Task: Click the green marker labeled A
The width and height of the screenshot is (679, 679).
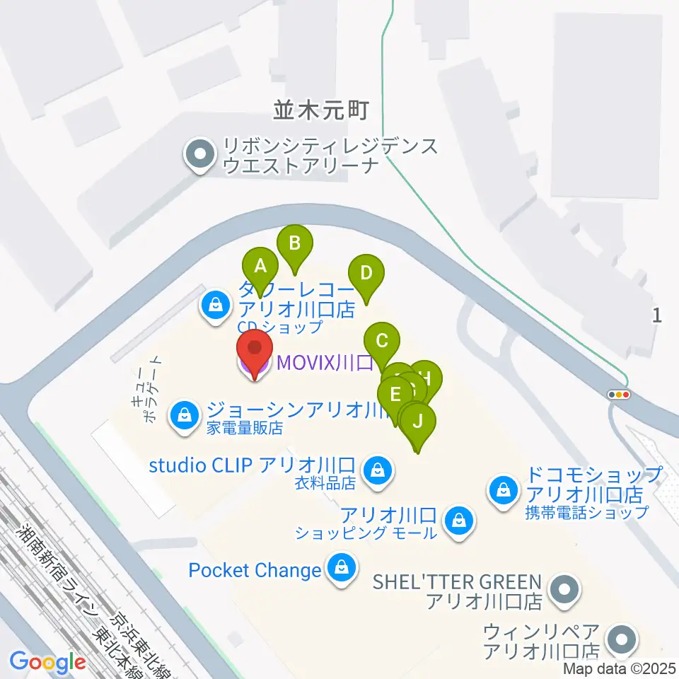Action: coord(260,267)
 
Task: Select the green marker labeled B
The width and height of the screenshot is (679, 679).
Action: coord(295,244)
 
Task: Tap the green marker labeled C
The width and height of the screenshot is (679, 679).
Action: coord(382,342)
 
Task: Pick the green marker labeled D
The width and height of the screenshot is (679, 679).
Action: coord(366,274)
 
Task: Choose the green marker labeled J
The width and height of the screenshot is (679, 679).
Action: coord(418,422)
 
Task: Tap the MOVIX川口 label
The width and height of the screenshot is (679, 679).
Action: coord(325,364)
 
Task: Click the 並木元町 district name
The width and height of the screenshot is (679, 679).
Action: coord(322,110)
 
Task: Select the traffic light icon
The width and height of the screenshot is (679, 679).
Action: coord(620,395)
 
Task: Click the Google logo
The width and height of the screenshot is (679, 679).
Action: coord(48,662)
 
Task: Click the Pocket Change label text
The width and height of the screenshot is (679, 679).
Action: coord(255,569)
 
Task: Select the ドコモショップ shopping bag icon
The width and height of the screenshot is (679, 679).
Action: coord(504,489)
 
